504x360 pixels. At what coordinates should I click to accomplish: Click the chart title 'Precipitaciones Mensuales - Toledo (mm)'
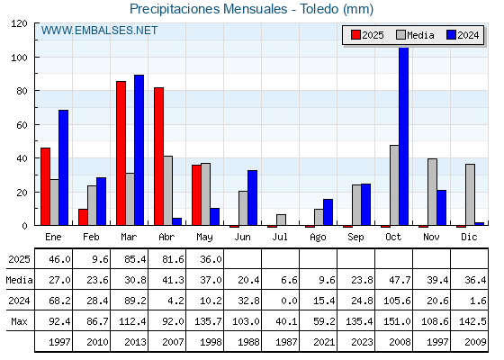coord(251,9)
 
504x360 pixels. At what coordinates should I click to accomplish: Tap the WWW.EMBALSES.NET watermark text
coord(99,31)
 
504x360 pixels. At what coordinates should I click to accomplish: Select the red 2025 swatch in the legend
coord(355,35)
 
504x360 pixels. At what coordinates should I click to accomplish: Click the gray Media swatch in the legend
coord(400,35)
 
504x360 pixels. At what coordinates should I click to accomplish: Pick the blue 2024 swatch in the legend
coord(451,35)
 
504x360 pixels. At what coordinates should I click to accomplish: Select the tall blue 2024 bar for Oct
coord(404,136)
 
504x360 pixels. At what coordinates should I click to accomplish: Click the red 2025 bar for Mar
coord(121,153)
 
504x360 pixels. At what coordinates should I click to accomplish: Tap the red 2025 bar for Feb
coord(83,217)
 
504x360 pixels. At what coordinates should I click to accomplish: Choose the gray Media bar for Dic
coord(470,194)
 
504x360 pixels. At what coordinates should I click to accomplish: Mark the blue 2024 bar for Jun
coord(252,198)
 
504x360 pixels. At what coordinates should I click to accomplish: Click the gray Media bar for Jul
coord(281,220)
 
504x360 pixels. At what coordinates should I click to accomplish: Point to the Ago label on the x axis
coord(318,238)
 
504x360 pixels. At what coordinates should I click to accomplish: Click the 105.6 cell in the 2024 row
coord(397,301)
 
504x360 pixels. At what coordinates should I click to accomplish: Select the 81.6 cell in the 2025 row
coord(173,259)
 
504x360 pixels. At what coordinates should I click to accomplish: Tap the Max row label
coord(19,321)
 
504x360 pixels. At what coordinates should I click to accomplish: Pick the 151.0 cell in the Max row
coord(397,321)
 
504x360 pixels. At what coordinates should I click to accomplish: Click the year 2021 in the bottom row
coord(324,342)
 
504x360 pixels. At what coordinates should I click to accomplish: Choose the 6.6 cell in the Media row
coord(289,280)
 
